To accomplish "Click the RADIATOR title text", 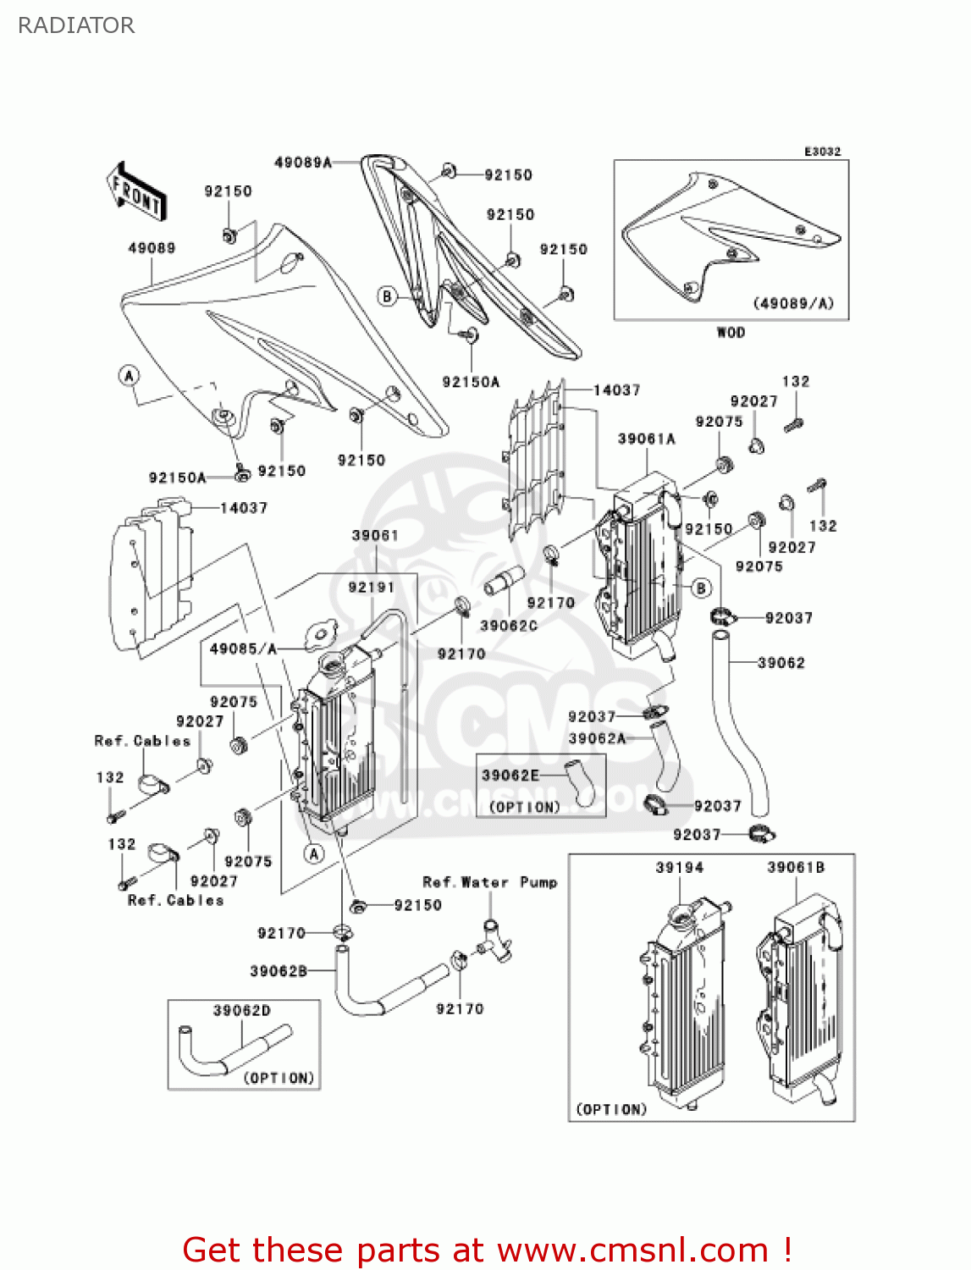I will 76,25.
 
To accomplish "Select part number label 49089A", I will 302,163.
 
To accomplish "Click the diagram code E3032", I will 822,152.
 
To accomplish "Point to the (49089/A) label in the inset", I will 793,303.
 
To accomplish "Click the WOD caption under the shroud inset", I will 731,332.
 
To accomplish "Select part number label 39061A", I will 646,439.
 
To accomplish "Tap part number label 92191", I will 371,588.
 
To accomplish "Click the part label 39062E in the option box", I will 510,775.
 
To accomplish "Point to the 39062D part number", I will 241,1010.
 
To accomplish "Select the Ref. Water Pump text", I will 489,882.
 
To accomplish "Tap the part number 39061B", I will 795,867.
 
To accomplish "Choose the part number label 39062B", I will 278,971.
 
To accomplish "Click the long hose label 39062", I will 781,663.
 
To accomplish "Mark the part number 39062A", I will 596,738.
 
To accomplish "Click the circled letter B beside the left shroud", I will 387,296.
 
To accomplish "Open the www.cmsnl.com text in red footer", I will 632,1250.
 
